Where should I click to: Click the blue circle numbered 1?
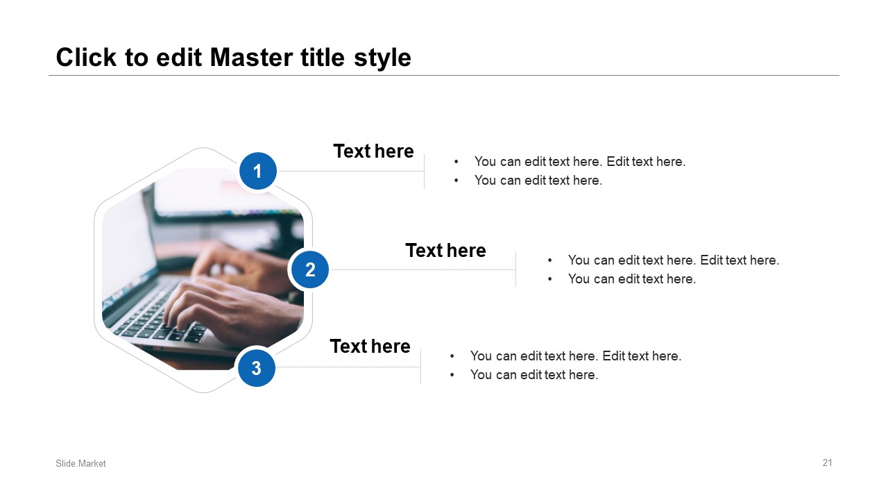[257, 171]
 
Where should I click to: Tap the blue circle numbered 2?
[310, 270]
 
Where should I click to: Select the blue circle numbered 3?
[257, 368]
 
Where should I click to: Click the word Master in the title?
[252, 58]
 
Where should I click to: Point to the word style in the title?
[382, 58]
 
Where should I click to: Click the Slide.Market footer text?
[80, 463]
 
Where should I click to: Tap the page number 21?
[828, 462]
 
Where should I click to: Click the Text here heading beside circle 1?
[373, 151]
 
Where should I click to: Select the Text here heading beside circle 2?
[445, 251]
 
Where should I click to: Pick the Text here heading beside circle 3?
[370, 346]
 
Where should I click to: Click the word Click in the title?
[86, 58]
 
